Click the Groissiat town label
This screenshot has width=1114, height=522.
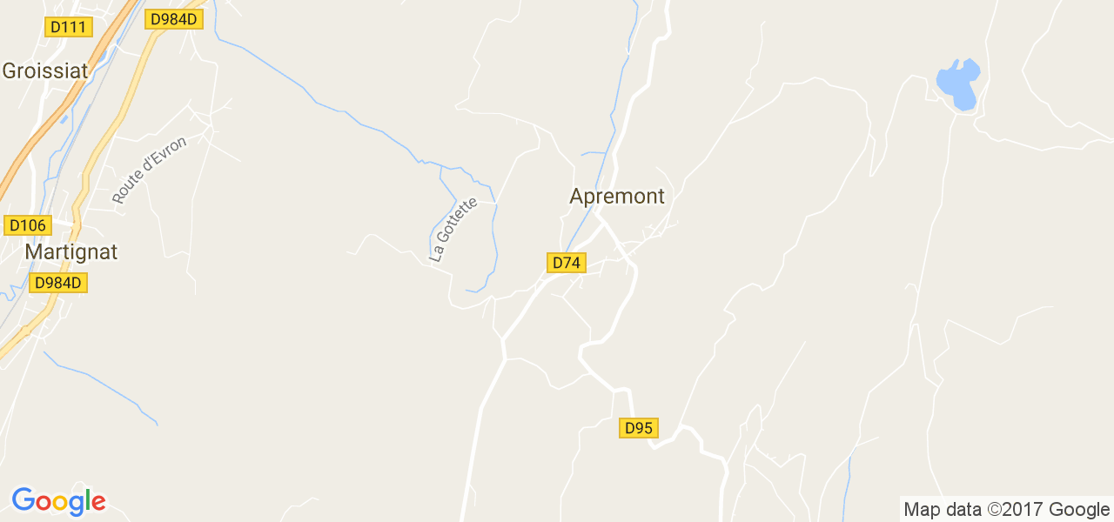[45, 71]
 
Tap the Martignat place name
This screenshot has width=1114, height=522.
[70, 252]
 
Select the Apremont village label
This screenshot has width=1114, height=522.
[617, 197]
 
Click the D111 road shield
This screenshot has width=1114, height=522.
[68, 27]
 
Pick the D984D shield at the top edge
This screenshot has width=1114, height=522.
[174, 18]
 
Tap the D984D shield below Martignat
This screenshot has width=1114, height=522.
[58, 283]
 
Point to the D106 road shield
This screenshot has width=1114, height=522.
[27, 226]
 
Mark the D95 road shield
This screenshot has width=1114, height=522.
[639, 428]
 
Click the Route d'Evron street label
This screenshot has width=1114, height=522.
[149, 170]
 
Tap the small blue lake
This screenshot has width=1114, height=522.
[958, 84]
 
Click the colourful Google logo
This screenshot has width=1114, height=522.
[58, 501]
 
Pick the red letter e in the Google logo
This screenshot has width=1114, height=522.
[97, 503]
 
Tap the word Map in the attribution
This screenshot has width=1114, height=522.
[923, 510]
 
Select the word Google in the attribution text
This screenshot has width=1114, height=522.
[1078, 510]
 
